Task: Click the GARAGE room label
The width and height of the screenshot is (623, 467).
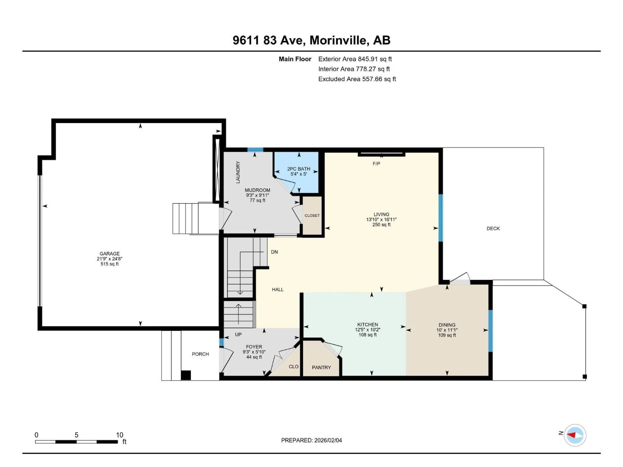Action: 109,253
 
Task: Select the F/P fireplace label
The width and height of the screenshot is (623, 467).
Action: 376,164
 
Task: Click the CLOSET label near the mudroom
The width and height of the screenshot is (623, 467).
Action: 312,215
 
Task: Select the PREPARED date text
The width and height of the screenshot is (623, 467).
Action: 311,440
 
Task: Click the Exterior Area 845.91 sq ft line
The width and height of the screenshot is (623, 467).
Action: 355,59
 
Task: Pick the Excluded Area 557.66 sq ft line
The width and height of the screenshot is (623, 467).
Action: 357,79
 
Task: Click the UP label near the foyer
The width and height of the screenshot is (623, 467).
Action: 238,334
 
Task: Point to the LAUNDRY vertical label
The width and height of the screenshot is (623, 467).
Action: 238,172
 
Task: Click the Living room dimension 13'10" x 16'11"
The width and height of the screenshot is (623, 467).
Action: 381,220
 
